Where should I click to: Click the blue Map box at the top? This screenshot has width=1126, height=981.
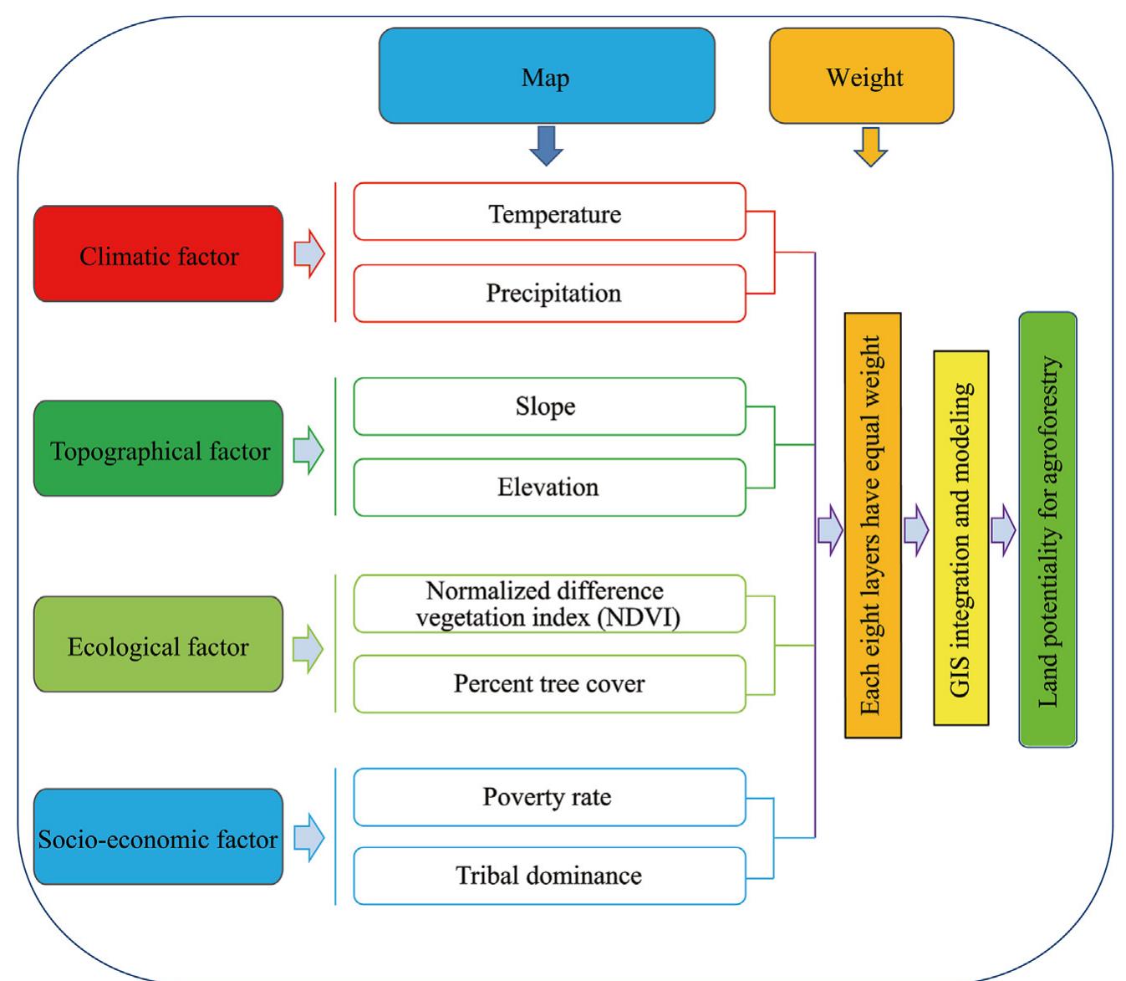(x=547, y=76)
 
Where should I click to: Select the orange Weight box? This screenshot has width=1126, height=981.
(x=861, y=76)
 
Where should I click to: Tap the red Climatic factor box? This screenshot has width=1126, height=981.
(x=158, y=254)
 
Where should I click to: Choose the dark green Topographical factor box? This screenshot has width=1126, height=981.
(x=158, y=449)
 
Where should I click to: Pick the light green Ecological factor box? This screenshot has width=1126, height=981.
(x=158, y=645)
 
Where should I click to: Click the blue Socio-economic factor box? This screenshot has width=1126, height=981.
(x=158, y=837)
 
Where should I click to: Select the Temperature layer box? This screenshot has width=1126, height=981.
(x=549, y=212)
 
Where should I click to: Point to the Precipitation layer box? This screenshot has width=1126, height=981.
(x=549, y=294)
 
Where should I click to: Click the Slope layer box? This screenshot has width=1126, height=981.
(x=549, y=406)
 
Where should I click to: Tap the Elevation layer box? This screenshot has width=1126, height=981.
(x=549, y=487)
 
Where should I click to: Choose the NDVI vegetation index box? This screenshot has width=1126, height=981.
(x=549, y=603)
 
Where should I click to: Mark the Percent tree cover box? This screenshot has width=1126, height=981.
(x=549, y=683)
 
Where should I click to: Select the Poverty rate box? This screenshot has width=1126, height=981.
(x=549, y=796)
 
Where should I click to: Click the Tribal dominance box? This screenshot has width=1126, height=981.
(x=549, y=876)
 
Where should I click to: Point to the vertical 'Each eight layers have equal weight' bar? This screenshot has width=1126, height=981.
(x=873, y=525)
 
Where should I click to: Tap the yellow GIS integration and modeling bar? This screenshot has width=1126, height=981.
(x=961, y=538)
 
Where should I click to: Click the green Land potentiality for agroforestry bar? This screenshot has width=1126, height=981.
(x=1047, y=529)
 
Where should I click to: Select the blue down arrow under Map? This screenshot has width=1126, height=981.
(x=546, y=146)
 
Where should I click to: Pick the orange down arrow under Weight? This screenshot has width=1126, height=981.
(x=870, y=147)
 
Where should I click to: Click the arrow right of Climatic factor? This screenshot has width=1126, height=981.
(x=309, y=254)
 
